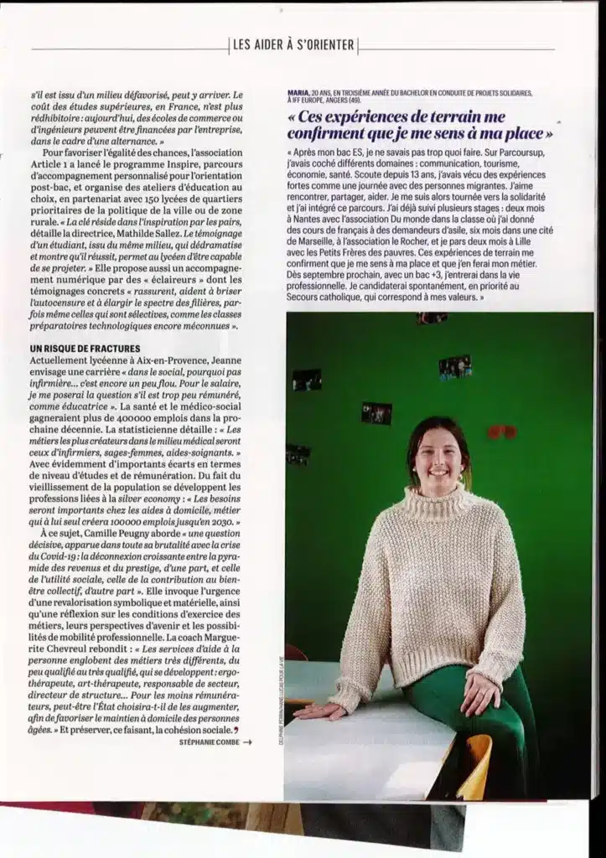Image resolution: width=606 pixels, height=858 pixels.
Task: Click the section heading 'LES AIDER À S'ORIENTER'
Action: (x=293, y=44)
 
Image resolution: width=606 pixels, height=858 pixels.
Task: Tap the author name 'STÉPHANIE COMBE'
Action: (x=209, y=741)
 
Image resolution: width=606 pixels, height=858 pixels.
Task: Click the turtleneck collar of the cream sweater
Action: (x=437, y=498)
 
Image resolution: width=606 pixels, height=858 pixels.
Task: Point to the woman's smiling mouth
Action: (x=438, y=470)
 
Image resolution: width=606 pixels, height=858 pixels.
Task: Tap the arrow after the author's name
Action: (x=246, y=741)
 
